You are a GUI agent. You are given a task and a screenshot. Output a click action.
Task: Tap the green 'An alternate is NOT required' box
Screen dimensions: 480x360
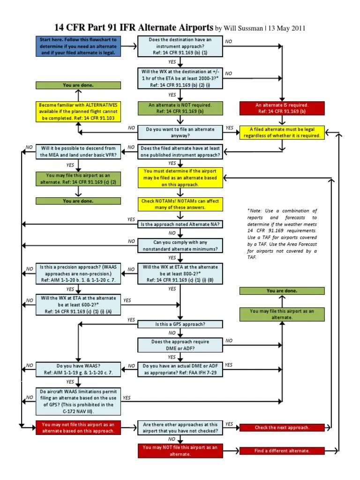coord(180,108)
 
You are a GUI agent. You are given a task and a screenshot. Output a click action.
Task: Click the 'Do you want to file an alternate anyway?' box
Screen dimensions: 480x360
coord(180,133)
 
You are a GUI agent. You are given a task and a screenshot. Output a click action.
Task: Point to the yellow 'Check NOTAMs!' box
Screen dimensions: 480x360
coord(180,204)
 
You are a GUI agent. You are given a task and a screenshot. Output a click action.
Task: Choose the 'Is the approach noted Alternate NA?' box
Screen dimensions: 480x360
coord(180,225)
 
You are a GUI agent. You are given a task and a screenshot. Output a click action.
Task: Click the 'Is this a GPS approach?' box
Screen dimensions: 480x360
coord(180,324)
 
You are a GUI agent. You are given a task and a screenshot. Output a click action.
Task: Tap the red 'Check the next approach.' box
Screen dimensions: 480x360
coord(282,427)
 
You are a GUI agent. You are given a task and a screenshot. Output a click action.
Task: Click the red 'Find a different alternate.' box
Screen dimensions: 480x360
coord(282,451)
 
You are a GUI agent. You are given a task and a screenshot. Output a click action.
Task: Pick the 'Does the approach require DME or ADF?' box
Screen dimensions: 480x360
coord(180,345)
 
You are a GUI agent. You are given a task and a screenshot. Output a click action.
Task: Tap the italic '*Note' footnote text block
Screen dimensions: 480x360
coord(282,234)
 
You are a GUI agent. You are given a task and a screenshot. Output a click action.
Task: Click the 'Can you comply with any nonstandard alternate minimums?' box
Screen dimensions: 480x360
coord(180,245)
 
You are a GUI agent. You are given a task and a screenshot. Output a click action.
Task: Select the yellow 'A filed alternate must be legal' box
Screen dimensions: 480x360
coord(282,133)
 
